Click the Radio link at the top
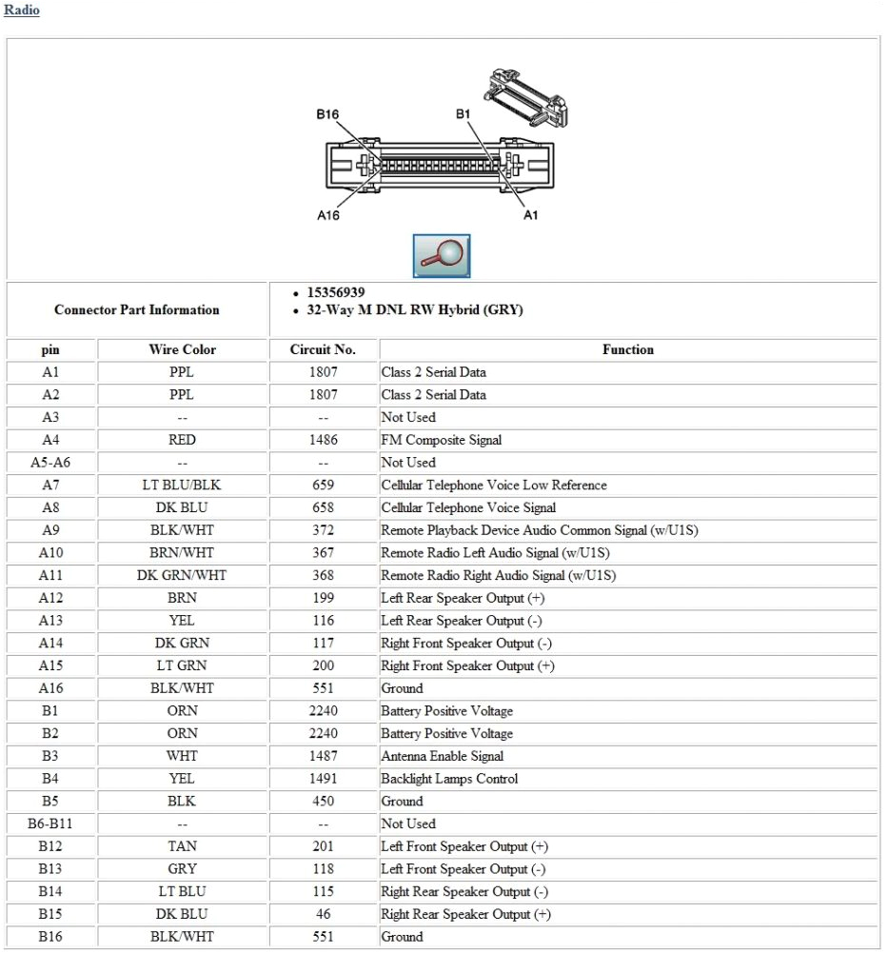click(22, 10)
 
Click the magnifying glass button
click(441, 255)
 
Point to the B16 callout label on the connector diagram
click(327, 114)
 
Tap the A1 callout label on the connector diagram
click(531, 215)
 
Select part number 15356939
click(335, 292)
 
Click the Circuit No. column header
click(323, 349)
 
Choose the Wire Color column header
click(182, 349)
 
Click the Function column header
click(627, 349)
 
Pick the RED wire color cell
click(182, 440)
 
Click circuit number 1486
click(323, 440)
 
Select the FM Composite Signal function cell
click(442, 440)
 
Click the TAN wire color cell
click(182, 846)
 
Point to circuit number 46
click(323, 914)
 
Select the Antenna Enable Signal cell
click(443, 756)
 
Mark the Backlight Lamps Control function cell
click(449, 779)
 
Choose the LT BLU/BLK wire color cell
click(182, 485)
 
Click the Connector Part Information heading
click(137, 309)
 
